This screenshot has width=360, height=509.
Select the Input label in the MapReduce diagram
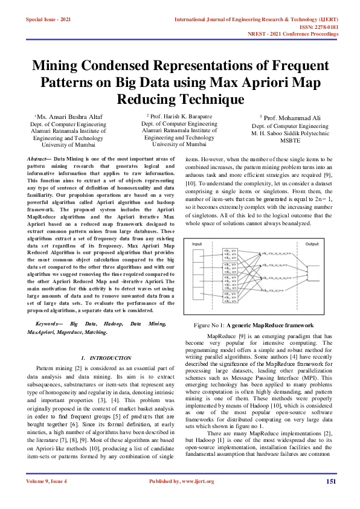click(x=198, y=244)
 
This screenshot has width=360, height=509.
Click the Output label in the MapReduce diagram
click(x=312, y=244)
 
